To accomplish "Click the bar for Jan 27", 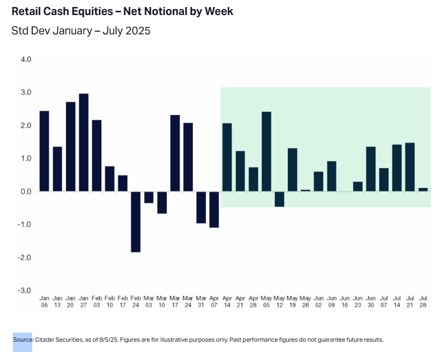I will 84,142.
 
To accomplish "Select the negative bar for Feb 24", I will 136,221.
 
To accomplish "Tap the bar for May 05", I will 266,152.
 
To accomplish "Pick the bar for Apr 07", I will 214,209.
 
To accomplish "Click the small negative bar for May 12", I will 279,199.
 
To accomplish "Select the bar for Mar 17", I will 175,153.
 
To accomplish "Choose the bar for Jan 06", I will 45,151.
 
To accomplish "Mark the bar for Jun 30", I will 371,169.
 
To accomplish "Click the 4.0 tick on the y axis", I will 26,59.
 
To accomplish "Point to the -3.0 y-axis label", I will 25,291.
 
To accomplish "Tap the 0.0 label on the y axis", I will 26,191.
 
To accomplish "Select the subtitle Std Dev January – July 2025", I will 81,31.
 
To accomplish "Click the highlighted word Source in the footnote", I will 23,340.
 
